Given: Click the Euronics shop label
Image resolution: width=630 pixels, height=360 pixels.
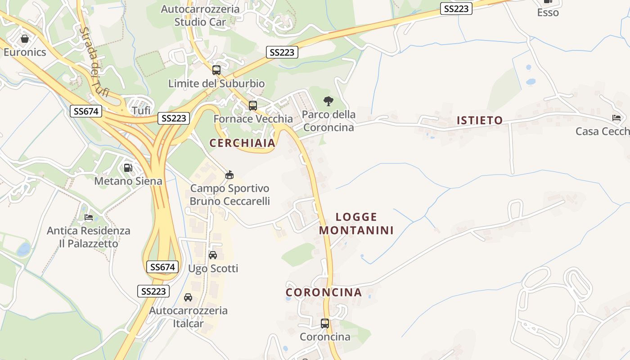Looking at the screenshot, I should [25, 52].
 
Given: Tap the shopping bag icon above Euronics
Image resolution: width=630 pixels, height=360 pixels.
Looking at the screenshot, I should [25, 39].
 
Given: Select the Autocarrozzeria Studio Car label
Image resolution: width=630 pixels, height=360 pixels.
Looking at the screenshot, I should [200, 15].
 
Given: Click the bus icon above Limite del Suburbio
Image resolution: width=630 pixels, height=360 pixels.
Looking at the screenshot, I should [216, 70].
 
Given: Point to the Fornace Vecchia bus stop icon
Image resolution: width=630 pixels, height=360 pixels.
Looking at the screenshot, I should [253, 105].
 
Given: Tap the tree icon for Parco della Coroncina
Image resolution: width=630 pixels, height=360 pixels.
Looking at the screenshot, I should [328, 101].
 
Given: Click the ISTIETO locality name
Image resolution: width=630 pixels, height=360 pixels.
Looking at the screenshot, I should [480, 120].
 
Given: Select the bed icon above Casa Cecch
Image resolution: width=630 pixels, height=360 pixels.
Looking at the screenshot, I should [616, 118].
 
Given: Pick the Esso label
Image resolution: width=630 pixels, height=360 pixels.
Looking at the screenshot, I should [548, 13].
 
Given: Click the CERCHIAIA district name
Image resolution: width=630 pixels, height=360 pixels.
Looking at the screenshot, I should [242, 143].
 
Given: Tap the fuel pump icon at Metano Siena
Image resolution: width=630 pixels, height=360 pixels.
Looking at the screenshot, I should [128, 168].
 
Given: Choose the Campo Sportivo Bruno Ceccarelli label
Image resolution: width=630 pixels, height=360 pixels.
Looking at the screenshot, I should [229, 195].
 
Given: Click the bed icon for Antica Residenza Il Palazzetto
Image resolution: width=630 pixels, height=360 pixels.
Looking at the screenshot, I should [89, 217].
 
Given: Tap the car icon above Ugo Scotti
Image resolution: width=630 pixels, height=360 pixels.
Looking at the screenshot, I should [213, 255].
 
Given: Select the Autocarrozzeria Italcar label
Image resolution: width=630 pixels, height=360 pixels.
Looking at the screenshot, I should [189, 317].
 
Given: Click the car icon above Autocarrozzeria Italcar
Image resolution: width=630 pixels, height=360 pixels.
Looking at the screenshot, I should [188, 297].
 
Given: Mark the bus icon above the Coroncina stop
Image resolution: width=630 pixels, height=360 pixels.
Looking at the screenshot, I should [325, 323].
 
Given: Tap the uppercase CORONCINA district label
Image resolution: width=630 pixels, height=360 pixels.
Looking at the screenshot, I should [324, 292].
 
